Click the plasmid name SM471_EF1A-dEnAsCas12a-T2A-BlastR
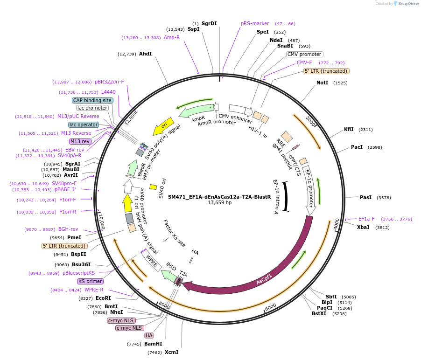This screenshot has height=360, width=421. click(219, 197)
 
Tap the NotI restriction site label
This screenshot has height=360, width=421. click(322, 83)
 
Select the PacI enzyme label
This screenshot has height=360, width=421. click(357, 147)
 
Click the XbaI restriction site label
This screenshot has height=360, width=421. click(363, 227)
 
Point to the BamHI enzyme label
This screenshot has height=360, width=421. click(153, 344)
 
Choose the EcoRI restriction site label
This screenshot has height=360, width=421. click(103, 298)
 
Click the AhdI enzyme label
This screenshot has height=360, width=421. click(145, 54)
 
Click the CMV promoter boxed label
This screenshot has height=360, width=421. click(304, 54)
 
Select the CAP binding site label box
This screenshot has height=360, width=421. click(92, 100)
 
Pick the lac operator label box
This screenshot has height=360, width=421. click(84, 125)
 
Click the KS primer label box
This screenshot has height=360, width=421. click(90, 281)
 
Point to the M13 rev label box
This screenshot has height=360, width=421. click(80, 141)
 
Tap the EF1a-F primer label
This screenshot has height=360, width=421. click(366, 219)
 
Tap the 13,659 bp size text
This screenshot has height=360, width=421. click(219, 203)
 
